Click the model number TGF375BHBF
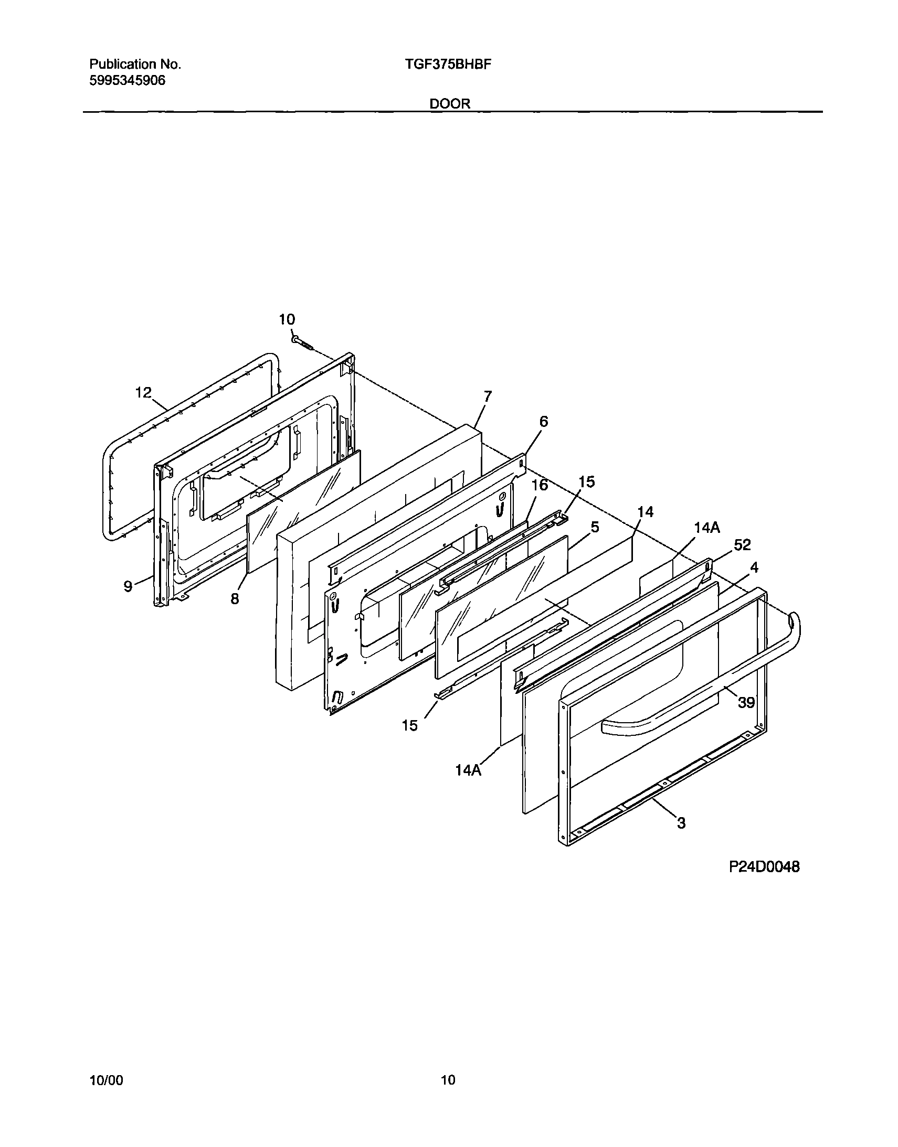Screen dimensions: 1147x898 click(448, 65)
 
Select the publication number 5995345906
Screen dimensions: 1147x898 click(127, 81)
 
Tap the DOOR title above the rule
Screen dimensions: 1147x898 click(450, 103)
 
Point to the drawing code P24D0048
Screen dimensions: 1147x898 click(764, 867)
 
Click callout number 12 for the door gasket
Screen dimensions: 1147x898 click(143, 392)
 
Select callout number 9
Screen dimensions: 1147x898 click(128, 586)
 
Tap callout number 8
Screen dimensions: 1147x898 click(235, 598)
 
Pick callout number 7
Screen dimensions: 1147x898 click(488, 396)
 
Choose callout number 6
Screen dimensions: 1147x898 click(543, 421)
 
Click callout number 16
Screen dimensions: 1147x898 click(540, 485)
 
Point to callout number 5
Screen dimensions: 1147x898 click(595, 527)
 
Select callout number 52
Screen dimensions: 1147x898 click(742, 545)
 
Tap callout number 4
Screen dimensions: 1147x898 click(755, 567)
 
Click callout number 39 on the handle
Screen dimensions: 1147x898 click(746, 702)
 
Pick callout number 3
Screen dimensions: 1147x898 click(681, 823)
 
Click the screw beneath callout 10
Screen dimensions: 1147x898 click(302, 342)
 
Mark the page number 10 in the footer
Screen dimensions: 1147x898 click(448, 1080)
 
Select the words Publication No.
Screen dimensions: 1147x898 click(135, 65)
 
